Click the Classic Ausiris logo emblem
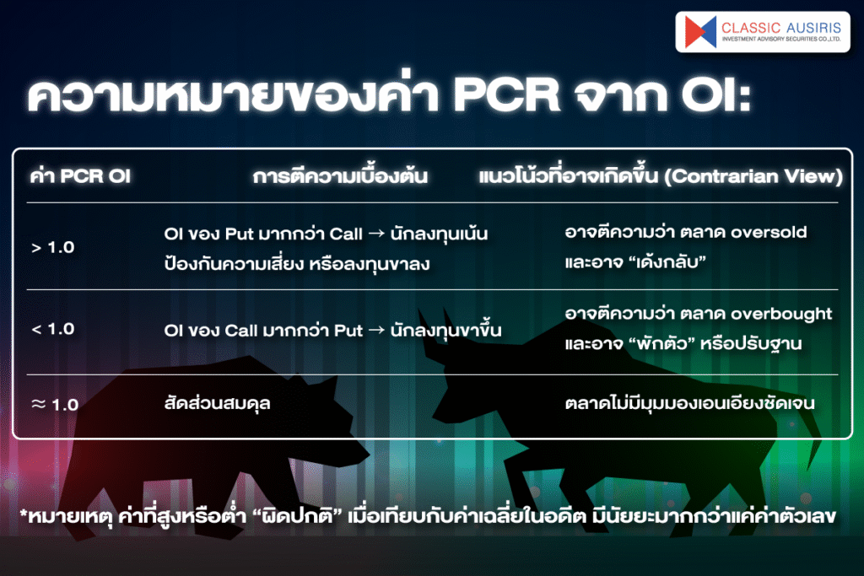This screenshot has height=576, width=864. point(700,31)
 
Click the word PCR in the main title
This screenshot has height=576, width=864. point(506,94)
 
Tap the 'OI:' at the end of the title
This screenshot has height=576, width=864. point(715,94)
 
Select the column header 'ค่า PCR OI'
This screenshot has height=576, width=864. point(80,176)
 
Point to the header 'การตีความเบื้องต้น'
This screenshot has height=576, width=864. point(340,176)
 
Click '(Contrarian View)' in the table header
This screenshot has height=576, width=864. point(753,176)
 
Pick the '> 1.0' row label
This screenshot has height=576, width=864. point(53,247)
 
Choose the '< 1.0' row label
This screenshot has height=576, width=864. point(53,329)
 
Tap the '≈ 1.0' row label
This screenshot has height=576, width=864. point(55,405)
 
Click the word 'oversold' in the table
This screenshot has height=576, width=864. point(769,233)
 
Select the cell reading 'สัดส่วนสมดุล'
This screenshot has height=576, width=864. point(217,404)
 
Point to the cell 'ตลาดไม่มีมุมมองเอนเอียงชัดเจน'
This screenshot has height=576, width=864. point(690,404)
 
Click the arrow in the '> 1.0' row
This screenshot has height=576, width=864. point(376,234)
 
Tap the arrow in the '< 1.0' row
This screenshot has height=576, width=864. point(376,331)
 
